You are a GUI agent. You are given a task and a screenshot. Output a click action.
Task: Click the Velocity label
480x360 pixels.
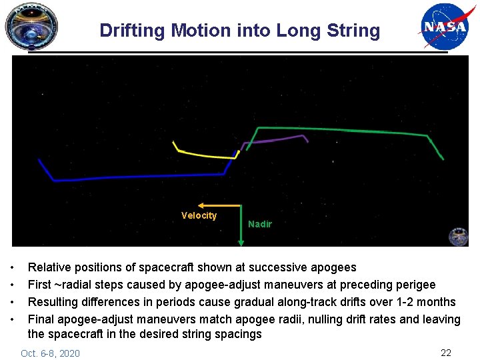coord(199,215)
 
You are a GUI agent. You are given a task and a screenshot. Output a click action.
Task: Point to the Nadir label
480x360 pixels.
coord(259,224)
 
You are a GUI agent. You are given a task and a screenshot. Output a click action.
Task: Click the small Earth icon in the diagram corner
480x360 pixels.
coord(458,236)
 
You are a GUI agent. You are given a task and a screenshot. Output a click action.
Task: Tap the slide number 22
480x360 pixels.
coord(446,352)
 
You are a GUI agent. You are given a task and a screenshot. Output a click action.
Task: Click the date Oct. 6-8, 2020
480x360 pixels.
coord(50,353)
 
